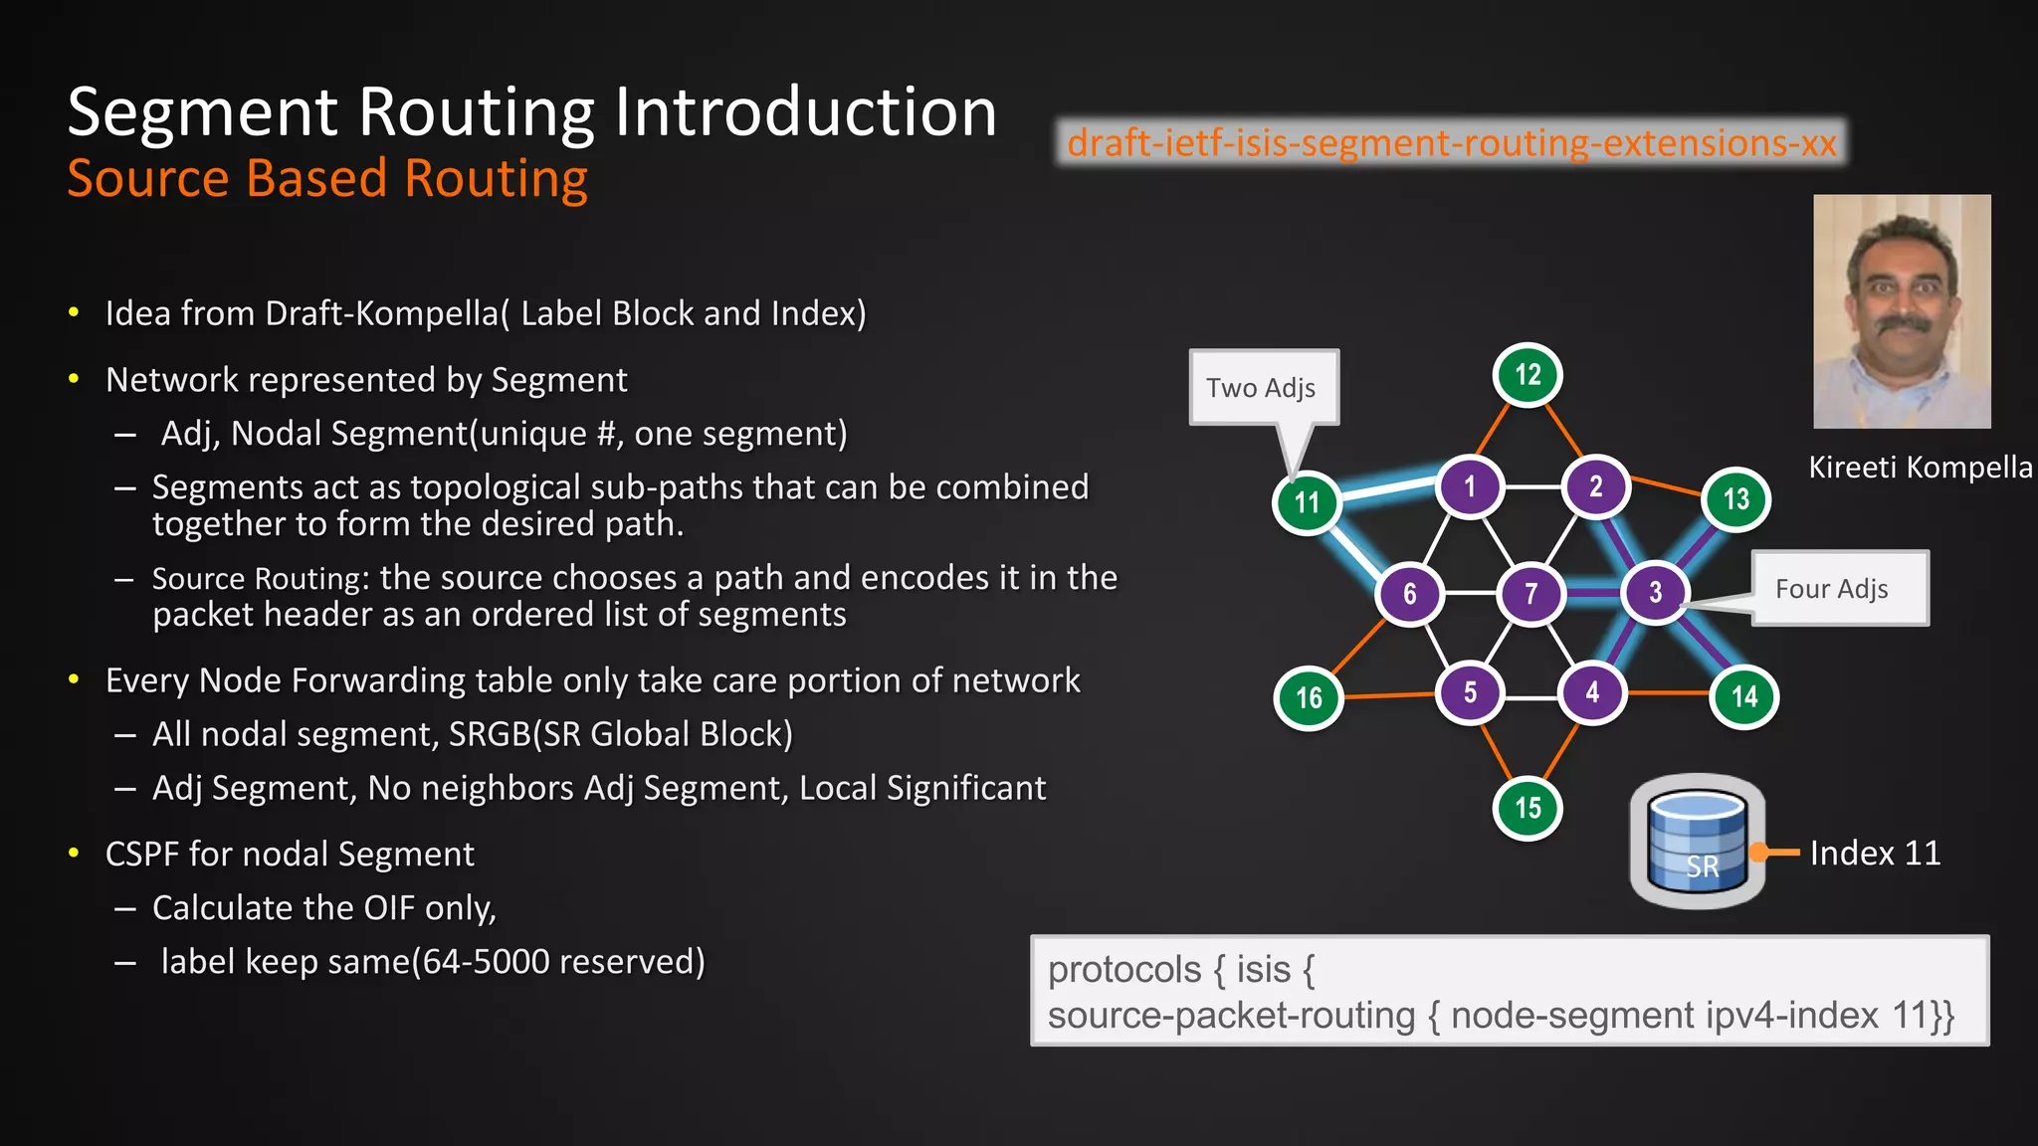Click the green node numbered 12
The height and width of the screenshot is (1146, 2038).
click(1528, 375)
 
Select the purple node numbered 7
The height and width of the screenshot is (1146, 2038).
click(1531, 594)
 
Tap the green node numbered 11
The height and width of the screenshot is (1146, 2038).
click(1307, 502)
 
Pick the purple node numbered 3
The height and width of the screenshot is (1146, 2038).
click(1655, 593)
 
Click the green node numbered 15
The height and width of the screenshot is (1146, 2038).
click(1528, 808)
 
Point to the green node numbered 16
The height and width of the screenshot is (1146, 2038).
click(1309, 698)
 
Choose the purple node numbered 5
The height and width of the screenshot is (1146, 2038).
click(1470, 692)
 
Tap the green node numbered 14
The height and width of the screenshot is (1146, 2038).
click(1743, 696)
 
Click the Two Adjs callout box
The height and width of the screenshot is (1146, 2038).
click(1263, 388)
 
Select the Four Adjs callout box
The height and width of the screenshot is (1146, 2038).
click(1839, 589)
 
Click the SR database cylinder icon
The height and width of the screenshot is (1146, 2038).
click(1698, 842)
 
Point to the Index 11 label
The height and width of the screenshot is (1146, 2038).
click(1875, 854)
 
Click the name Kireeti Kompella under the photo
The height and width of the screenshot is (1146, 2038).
click(1920, 467)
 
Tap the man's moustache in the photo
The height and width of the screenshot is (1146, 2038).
click(1903, 324)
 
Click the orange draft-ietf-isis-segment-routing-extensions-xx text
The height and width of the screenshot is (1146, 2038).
click(1451, 143)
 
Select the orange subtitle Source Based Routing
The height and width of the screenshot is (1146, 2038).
click(327, 179)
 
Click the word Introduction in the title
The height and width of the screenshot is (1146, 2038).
click(805, 111)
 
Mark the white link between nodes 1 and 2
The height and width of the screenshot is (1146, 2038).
click(1532, 487)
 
